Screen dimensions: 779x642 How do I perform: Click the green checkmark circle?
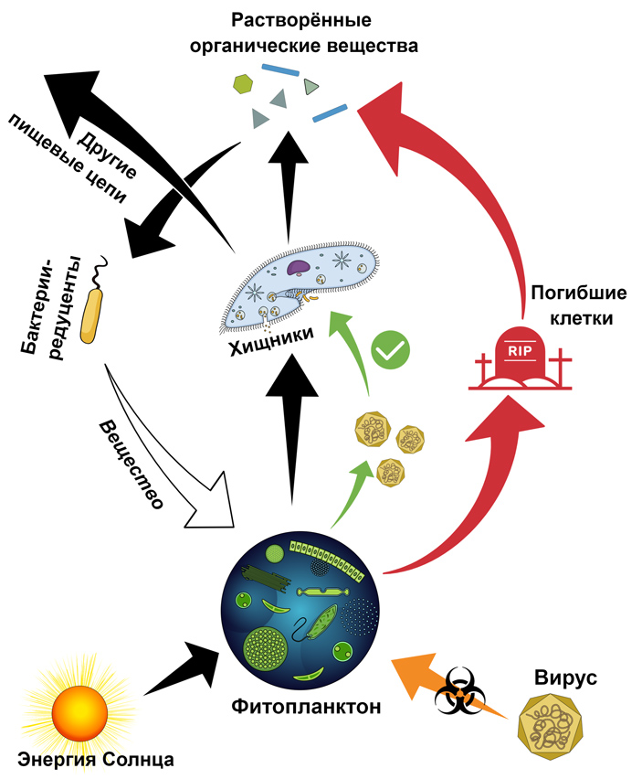click(x=391, y=349)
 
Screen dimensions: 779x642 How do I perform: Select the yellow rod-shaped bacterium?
click(x=93, y=315)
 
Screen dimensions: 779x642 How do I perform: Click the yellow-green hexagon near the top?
click(x=242, y=82)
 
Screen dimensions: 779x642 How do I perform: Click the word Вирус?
click(x=564, y=678)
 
